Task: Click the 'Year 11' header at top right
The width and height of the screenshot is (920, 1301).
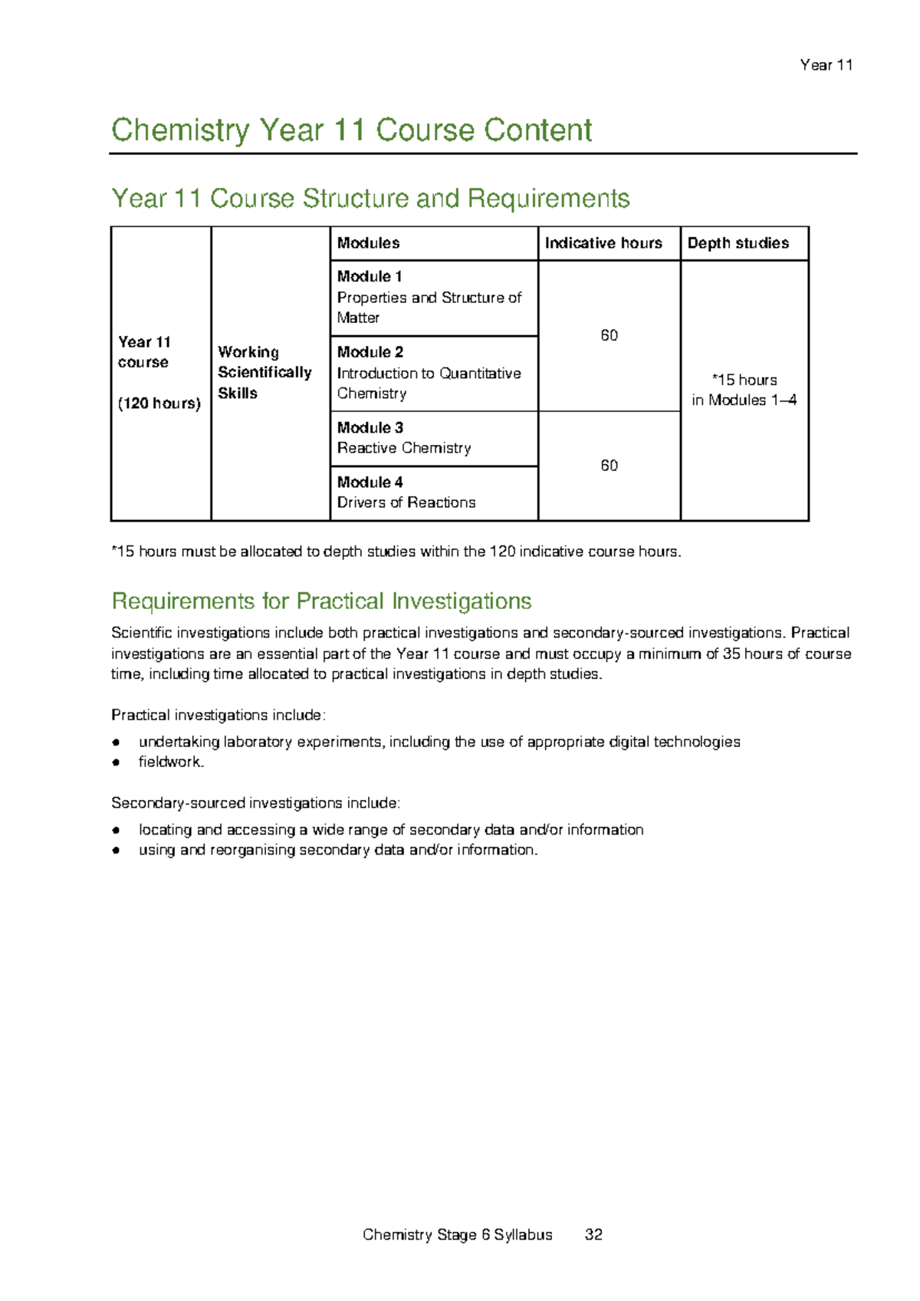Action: [x=826, y=65]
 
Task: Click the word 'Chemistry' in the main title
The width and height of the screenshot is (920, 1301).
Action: [x=180, y=130]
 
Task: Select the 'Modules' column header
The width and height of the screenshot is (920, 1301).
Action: [x=368, y=243]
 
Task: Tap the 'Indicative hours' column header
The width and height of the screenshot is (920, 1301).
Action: [x=603, y=243]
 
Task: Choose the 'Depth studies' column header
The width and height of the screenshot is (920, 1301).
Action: [x=738, y=243]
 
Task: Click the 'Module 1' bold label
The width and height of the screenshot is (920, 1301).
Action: [x=370, y=276]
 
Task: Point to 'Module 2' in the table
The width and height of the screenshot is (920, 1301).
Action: [x=370, y=352]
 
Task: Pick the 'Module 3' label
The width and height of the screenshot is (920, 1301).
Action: [x=370, y=428]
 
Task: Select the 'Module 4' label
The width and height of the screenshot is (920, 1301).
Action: [x=370, y=483]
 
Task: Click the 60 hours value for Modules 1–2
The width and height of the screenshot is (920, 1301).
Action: [x=609, y=336]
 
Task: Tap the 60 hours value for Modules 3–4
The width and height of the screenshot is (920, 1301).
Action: [x=609, y=466]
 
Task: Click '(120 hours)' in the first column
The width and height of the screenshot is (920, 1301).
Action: [x=159, y=403]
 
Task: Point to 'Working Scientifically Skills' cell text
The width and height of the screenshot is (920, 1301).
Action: [x=264, y=373]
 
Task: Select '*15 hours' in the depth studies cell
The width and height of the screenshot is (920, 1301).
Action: [x=744, y=380]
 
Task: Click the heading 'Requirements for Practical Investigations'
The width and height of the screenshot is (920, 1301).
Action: [x=321, y=601]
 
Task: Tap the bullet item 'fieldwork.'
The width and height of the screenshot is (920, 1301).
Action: [x=171, y=762]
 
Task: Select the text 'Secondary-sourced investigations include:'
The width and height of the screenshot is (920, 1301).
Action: [x=255, y=803]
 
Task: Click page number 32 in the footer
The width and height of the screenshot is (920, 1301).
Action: [x=593, y=1234]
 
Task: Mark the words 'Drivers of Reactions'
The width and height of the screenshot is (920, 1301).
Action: [x=406, y=502]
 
